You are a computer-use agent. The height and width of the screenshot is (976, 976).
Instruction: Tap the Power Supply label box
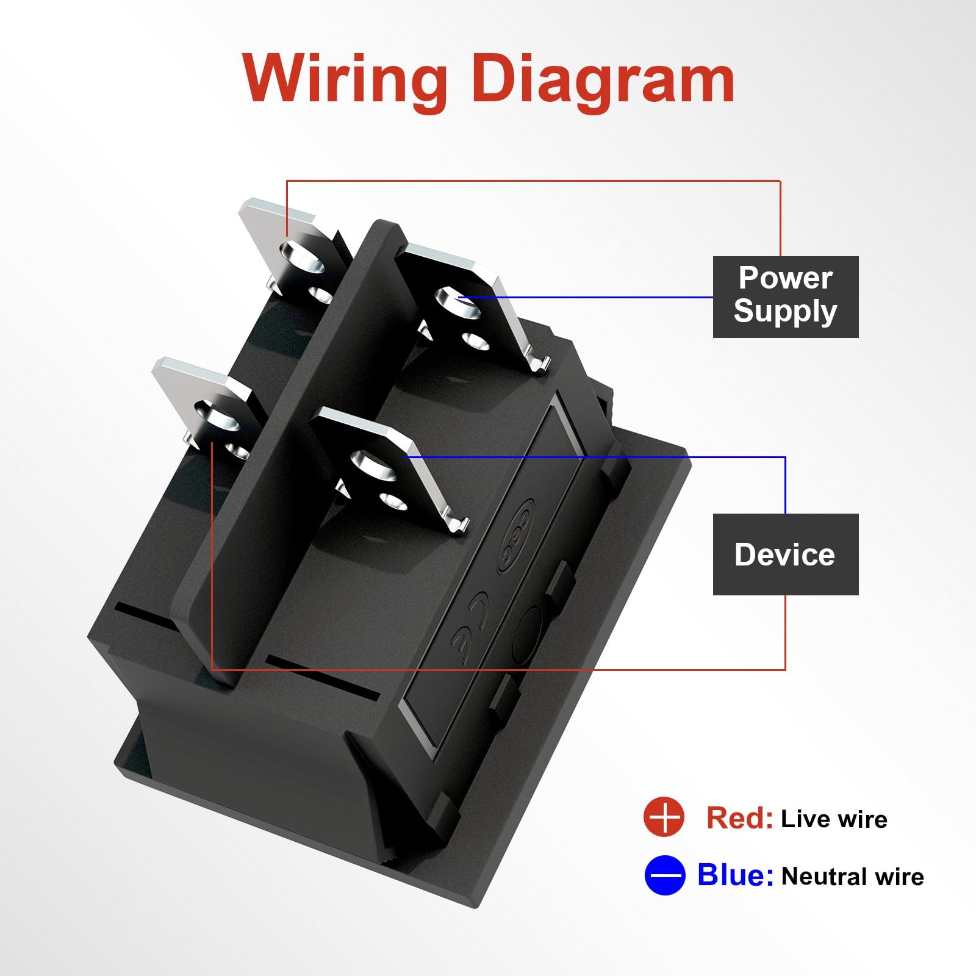coord(786,296)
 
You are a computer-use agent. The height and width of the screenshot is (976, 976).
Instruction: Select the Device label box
coord(786,554)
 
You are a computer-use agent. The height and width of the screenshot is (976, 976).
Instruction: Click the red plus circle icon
coord(664,817)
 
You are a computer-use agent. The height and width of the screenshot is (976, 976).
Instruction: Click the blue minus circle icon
coord(664,875)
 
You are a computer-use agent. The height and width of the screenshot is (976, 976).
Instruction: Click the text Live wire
coord(834,819)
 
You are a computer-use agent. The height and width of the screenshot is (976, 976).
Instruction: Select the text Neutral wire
coord(852,877)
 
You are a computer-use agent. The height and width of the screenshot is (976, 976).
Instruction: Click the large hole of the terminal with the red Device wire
coord(213,415)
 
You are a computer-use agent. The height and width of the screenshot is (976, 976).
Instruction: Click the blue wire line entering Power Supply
coord(610,298)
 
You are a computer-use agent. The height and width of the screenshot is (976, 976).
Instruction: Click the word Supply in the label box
coord(785,312)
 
